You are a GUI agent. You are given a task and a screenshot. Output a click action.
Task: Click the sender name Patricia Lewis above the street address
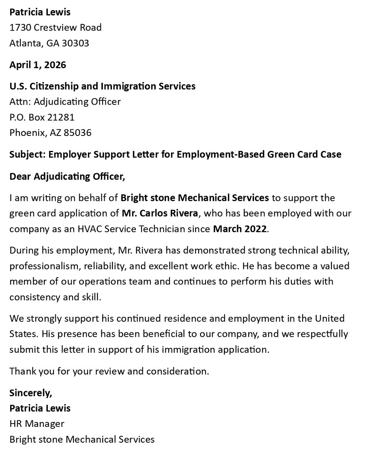tap(40, 12)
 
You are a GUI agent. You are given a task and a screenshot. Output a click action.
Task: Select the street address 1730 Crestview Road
tap(56, 28)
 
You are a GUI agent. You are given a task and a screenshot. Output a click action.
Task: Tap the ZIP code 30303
tap(75, 43)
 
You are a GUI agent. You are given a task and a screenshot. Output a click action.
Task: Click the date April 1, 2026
tap(38, 65)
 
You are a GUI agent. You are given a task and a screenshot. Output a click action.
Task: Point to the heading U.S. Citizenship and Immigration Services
tap(102, 86)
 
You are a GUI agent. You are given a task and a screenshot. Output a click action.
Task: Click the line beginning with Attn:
tap(65, 101)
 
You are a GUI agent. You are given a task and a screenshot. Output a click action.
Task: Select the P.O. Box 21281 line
tap(42, 117)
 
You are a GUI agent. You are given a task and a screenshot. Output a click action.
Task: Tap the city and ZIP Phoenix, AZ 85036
tap(50, 133)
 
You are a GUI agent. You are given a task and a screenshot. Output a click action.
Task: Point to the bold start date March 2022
tap(240, 229)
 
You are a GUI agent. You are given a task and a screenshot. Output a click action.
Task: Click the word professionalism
tap(44, 266)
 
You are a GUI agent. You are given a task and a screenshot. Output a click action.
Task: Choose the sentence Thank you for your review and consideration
tap(109, 371)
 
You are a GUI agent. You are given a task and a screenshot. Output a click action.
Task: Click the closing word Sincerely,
tap(31, 393)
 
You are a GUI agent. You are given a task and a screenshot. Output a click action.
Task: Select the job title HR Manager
tap(37, 424)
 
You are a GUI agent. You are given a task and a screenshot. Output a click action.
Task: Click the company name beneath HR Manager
tap(82, 439)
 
